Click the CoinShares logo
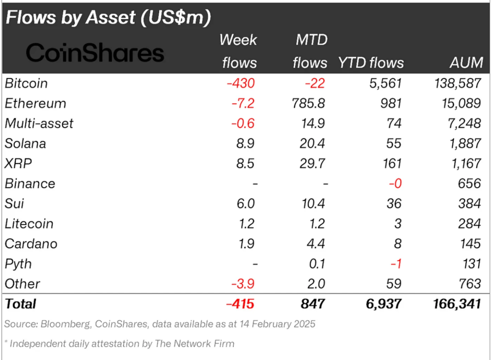95,53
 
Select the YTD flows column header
371,63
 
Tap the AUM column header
466,63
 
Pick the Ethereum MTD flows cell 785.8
309,104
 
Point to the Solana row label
25,144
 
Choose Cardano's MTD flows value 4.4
316,244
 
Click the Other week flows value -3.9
242,284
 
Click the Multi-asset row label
39,124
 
